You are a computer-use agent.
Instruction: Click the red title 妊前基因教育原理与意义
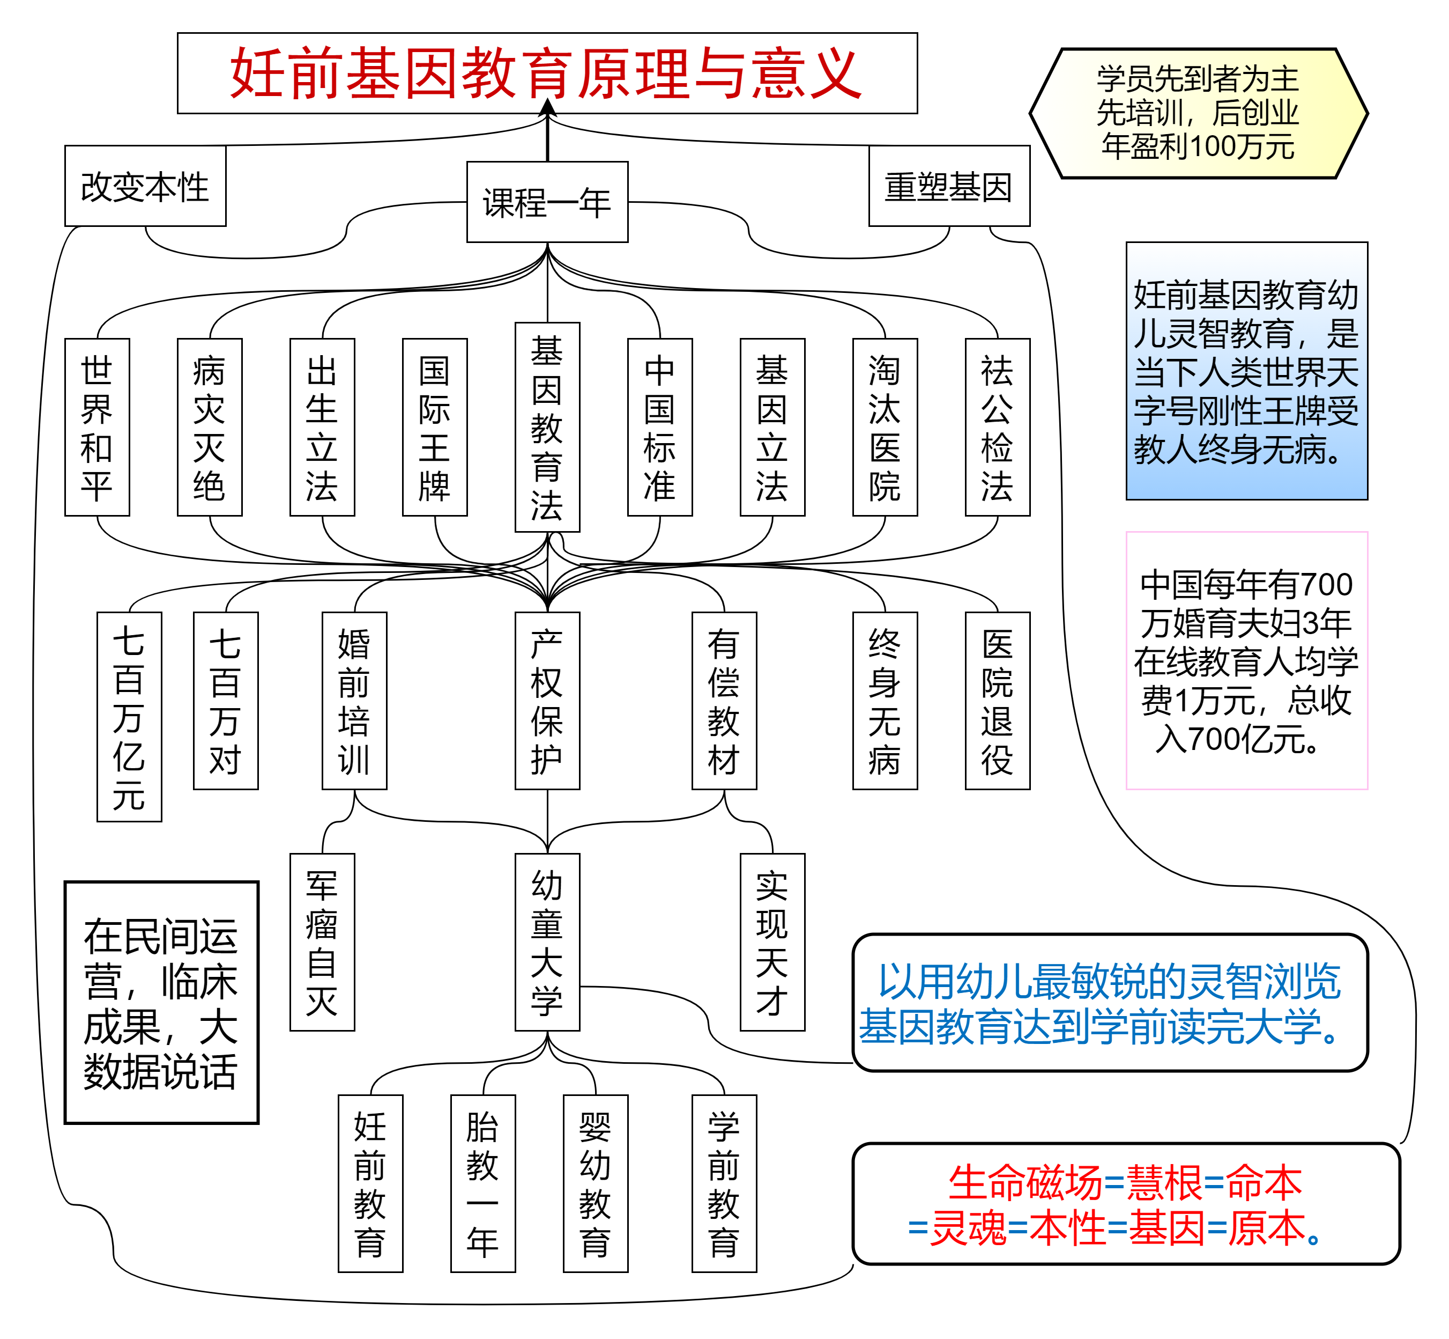tap(547, 73)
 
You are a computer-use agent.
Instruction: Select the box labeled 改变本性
tap(145, 186)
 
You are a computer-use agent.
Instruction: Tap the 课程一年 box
tap(547, 202)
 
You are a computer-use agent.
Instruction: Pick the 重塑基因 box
tap(949, 186)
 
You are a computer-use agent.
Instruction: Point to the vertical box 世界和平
tap(97, 428)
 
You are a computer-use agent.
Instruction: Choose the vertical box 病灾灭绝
tap(209, 428)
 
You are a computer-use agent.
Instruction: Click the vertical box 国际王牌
tap(434, 428)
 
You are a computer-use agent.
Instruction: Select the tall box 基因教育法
tap(547, 428)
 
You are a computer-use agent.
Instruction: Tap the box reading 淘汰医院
tap(885, 428)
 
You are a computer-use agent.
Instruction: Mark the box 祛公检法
tap(997, 428)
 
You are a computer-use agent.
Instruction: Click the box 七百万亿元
tap(129, 717)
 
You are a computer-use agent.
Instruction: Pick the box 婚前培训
tap(354, 701)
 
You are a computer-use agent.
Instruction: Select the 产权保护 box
tap(547, 701)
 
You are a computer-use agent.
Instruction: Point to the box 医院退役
tap(997, 701)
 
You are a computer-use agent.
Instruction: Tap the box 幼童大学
tap(547, 942)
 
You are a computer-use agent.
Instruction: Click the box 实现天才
tap(772, 942)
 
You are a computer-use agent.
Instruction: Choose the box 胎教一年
tap(483, 1183)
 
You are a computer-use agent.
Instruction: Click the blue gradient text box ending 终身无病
tap(1246, 371)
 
